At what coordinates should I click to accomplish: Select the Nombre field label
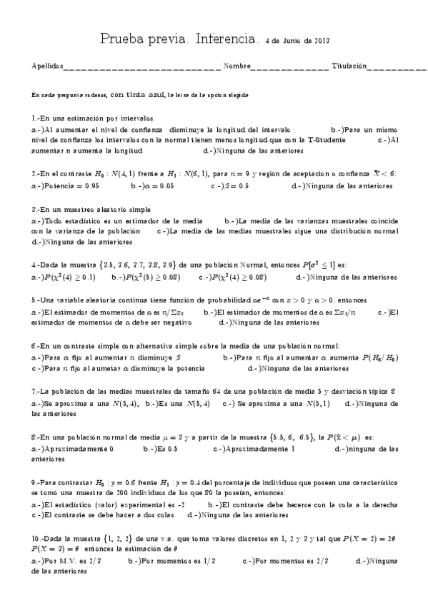click(x=237, y=66)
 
